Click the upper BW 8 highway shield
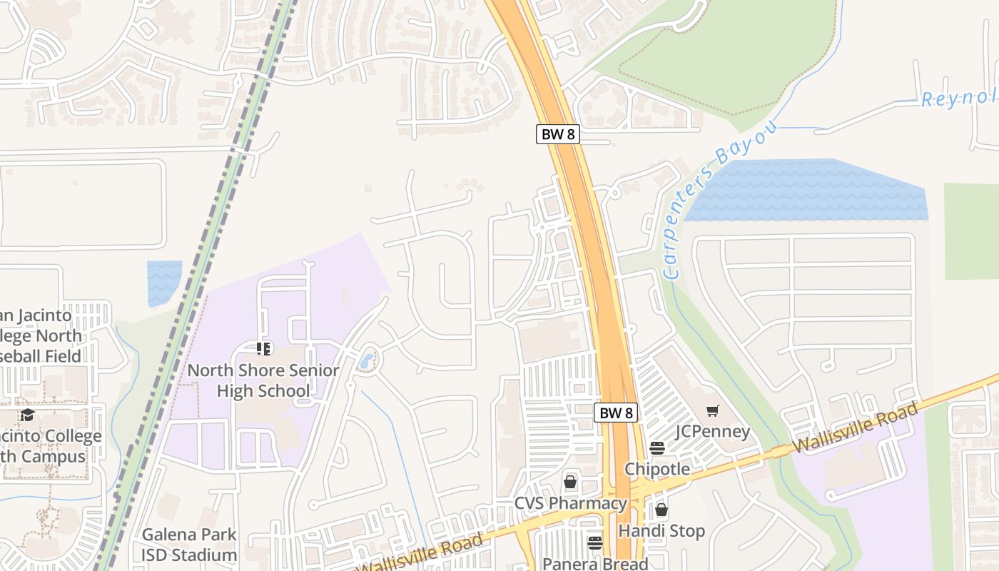point(557,134)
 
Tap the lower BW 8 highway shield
point(615,413)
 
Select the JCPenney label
point(713,431)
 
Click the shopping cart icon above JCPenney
point(712,410)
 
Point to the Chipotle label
point(657,469)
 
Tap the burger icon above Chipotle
point(657,448)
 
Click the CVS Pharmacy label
point(570,503)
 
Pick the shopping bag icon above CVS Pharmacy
point(570,482)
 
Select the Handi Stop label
point(661,531)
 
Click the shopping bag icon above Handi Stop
point(661,510)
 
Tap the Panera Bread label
point(595,563)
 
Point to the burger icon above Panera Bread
point(595,542)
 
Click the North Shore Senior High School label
point(263,380)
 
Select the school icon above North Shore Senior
point(264,348)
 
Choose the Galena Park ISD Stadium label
point(189,545)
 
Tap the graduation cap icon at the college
point(27,415)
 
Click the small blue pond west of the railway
point(164,282)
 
